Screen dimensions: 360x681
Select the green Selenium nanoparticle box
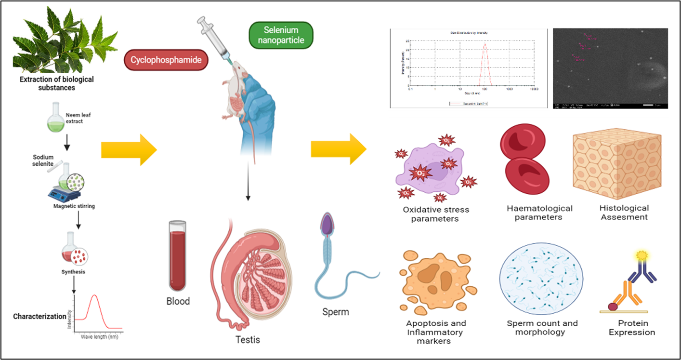pos(280,36)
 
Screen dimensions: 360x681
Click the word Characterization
pos(39,317)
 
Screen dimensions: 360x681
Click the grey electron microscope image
pos(610,68)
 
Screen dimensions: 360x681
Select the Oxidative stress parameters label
pos(435,214)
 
